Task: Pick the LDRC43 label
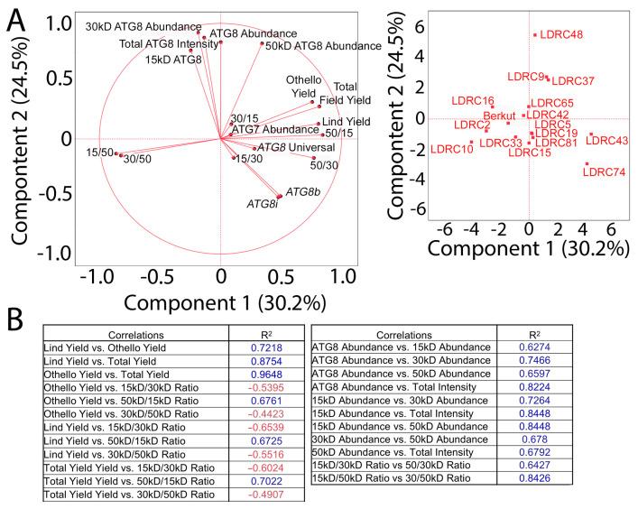606,141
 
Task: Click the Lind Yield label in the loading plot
346,122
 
